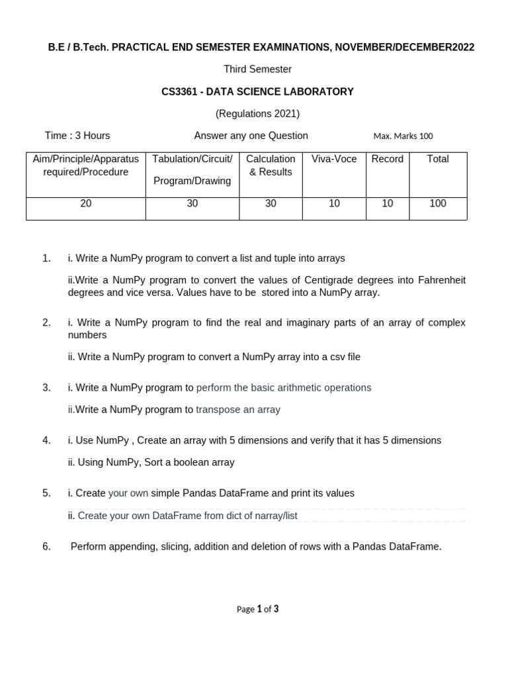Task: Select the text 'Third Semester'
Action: [257, 69]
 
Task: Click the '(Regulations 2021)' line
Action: [257, 114]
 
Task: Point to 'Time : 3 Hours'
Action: [77, 136]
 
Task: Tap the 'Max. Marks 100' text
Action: [403, 136]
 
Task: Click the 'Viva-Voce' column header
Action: [334, 159]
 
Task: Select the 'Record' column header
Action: [387, 159]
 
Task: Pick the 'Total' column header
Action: [438, 159]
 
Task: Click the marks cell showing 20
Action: [86, 204]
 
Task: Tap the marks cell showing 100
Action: [438, 204]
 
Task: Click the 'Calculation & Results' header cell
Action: [271, 166]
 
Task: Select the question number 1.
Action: [46, 258]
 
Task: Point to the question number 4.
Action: [46, 440]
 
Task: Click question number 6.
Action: [46, 546]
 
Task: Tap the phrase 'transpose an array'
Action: [238, 410]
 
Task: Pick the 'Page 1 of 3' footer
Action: [257, 609]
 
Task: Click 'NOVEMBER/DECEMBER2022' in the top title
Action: [409, 47]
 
